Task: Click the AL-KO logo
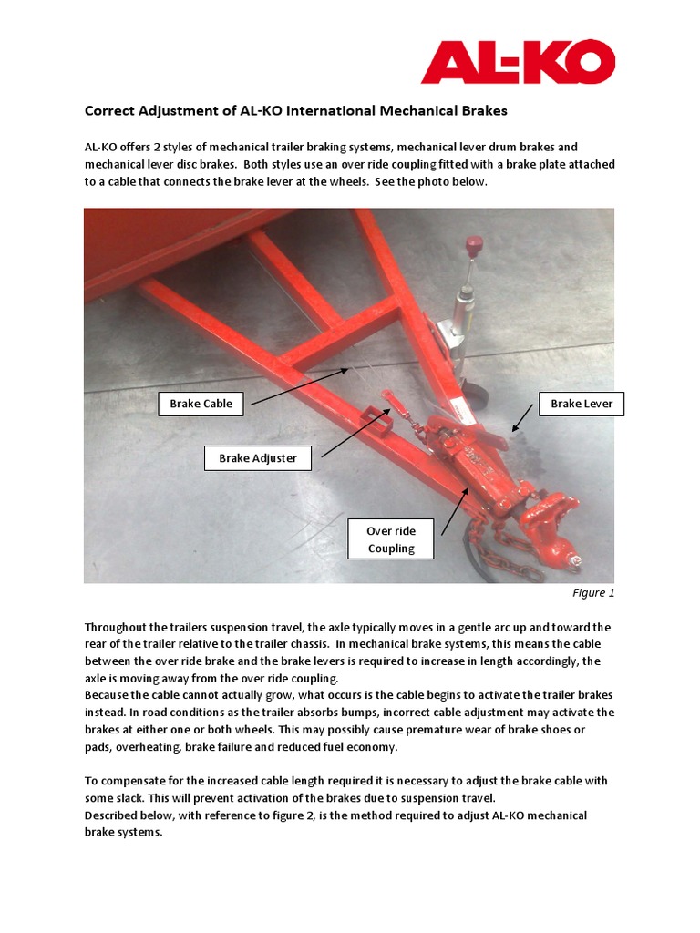point(518,61)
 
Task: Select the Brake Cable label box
point(201,404)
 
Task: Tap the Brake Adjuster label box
point(258,458)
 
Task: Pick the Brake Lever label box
point(582,404)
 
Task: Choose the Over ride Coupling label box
point(391,539)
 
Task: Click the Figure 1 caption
point(593,593)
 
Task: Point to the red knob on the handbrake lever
point(472,245)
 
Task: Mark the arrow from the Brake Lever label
point(523,418)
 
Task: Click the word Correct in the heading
point(109,111)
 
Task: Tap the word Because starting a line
point(109,695)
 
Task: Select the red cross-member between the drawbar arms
point(337,336)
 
